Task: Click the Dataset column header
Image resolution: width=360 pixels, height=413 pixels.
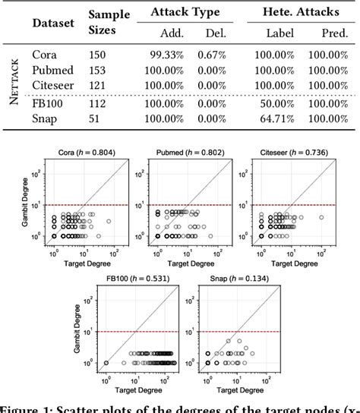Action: pyautogui.click(x=53, y=23)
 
